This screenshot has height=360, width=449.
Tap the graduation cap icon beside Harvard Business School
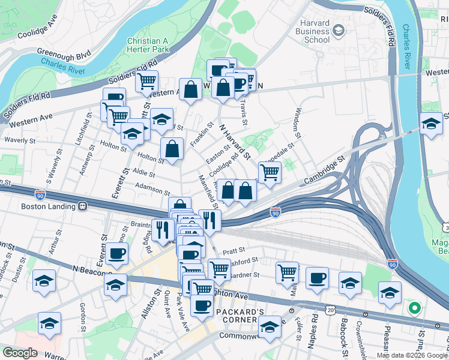[339, 30]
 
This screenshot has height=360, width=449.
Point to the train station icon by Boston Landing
[83, 206]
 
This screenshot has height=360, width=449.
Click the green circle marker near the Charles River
[413, 309]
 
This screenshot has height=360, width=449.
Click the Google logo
[20, 353]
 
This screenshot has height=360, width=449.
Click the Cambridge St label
[325, 170]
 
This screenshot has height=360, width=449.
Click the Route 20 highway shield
[331, 308]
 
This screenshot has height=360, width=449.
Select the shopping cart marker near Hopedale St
[270, 172]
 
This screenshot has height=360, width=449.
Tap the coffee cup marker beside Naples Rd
[317, 277]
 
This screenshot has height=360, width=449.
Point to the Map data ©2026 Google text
[412, 355]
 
